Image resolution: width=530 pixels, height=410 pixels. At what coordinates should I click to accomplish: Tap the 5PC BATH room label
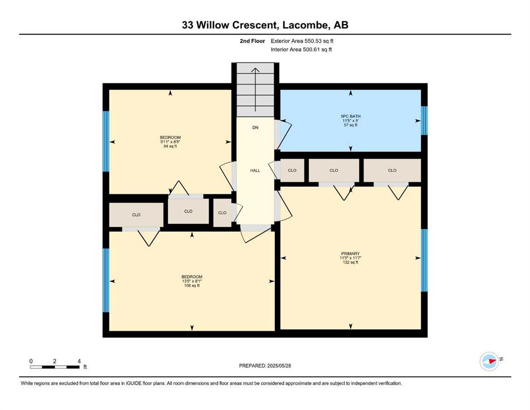point(351,116)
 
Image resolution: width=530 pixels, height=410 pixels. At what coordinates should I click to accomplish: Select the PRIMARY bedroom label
point(350,254)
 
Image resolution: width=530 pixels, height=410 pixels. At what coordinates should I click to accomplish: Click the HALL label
point(255,171)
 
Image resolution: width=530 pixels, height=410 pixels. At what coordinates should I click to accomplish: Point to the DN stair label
point(255,128)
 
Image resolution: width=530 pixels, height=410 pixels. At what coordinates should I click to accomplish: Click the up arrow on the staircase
point(255,90)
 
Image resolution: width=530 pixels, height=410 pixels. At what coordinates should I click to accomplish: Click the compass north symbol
point(489,361)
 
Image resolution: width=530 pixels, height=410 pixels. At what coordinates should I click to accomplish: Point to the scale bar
point(55,367)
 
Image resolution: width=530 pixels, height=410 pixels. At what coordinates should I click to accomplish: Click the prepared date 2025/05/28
point(265,366)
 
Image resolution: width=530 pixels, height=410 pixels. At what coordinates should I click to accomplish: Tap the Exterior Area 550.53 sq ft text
point(302,41)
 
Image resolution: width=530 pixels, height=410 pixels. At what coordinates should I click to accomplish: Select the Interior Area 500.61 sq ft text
point(301,50)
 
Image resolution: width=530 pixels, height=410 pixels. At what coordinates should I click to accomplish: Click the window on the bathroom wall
point(424,121)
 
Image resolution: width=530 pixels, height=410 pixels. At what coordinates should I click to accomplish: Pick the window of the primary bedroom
point(424,261)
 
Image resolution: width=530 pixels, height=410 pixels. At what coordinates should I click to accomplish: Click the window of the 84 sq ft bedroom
point(106,141)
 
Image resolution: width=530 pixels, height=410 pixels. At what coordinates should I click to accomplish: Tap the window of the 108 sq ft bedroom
point(106,281)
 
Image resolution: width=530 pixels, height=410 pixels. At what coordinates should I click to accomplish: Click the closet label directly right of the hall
point(292,170)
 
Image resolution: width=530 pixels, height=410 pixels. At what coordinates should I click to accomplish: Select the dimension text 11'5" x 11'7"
point(350,258)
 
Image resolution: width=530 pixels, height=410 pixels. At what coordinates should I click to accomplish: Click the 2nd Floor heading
point(252,41)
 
